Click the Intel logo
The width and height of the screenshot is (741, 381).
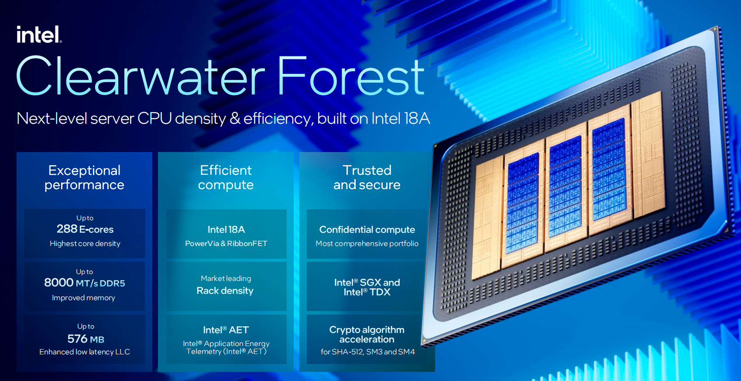pyautogui.click(x=39, y=35)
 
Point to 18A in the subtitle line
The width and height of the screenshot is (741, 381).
pyautogui.click(x=416, y=118)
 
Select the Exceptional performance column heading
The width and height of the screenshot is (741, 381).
pyautogui.click(x=84, y=177)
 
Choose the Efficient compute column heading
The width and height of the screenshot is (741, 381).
pyautogui.click(x=226, y=177)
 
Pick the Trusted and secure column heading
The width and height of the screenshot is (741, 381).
pyautogui.click(x=367, y=177)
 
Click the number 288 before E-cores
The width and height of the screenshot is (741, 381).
pyautogui.click(x=67, y=229)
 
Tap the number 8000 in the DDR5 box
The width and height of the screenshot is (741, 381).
pyautogui.click(x=59, y=283)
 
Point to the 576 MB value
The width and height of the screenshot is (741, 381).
pyautogui.click(x=86, y=339)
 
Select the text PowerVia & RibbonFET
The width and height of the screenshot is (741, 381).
pyautogui.click(x=226, y=243)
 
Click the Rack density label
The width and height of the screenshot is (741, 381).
pyautogui.click(x=225, y=291)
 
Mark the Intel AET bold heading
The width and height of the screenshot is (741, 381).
pyautogui.click(x=226, y=330)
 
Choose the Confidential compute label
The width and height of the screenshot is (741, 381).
pyautogui.click(x=367, y=229)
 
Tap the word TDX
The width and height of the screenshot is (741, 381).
pyautogui.click(x=380, y=292)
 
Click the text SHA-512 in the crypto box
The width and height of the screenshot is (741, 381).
pyautogui.click(x=347, y=352)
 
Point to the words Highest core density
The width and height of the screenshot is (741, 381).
pyautogui.click(x=85, y=243)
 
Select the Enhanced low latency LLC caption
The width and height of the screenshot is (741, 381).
pyautogui.click(x=85, y=352)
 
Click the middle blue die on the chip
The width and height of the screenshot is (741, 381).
pyautogui.click(x=565, y=186)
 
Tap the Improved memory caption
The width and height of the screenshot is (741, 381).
pyautogui.click(x=83, y=298)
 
